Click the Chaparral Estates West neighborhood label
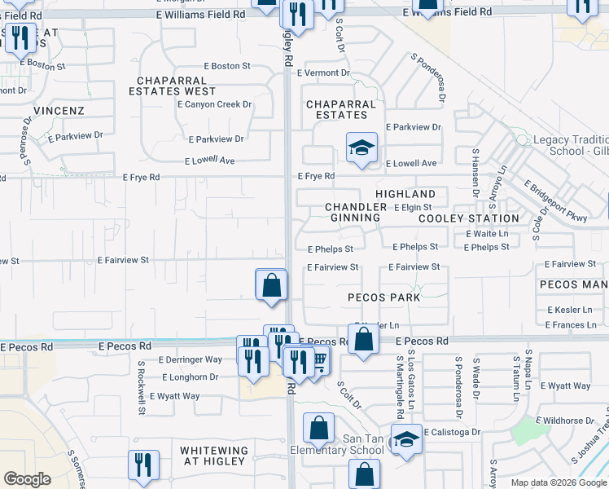point(177,86)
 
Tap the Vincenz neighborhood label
point(59,109)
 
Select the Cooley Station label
point(468,218)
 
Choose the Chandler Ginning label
point(356,213)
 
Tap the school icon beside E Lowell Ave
point(361,148)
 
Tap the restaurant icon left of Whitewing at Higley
point(143,465)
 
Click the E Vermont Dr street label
point(323,73)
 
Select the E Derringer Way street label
point(191,359)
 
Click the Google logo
point(27,479)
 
